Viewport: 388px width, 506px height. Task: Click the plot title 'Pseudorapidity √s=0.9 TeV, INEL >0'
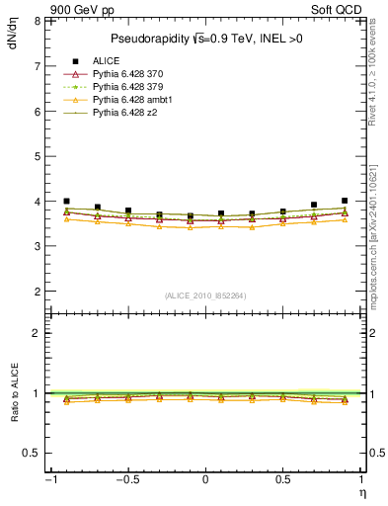point(204,40)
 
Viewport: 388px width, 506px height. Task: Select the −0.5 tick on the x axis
point(127,480)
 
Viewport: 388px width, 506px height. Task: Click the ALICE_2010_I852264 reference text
point(204,295)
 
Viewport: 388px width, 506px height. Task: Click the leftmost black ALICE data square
point(66,201)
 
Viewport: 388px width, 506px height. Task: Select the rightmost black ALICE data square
point(345,201)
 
